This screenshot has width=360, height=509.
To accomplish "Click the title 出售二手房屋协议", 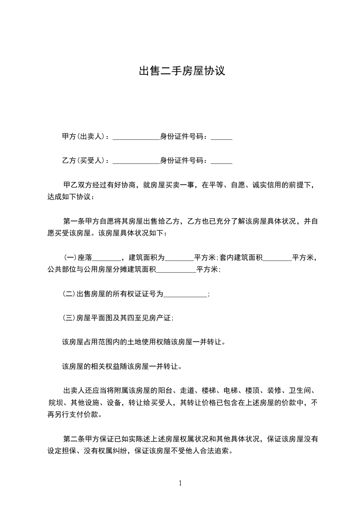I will click(x=182, y=71).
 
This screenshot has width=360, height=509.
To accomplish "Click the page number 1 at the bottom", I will click(x=180, y=483).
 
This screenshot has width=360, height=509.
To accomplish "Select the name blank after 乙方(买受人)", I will click(x=136, y=161).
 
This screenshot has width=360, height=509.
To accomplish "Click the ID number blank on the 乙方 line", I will click(x=222, y=161).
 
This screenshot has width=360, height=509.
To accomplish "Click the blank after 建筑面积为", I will click(x=179, y=259).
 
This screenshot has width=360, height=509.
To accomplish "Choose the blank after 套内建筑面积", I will click(x=277, y=259).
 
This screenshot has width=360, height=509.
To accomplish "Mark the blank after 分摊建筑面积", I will click(x=176, y=270).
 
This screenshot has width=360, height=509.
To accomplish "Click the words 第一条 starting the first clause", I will click(x=73, y=221).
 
